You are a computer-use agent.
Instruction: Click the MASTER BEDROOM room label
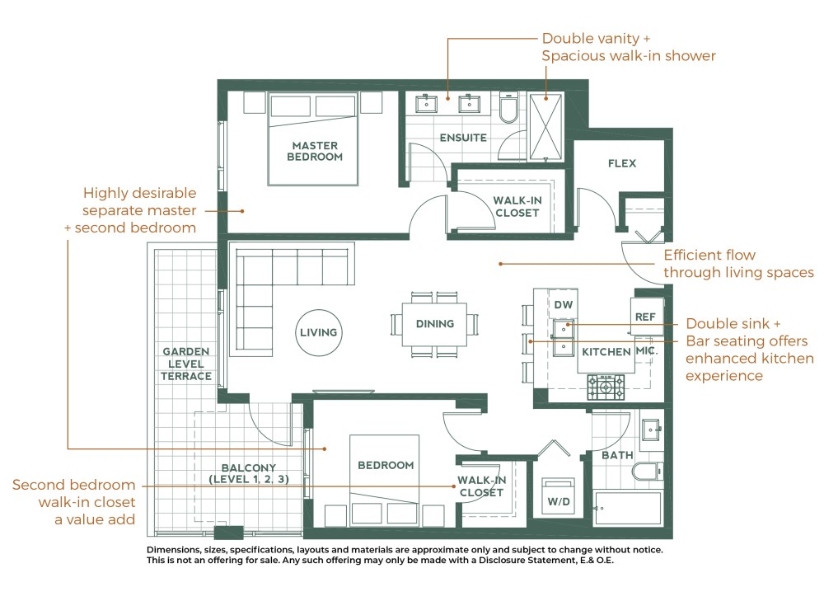tap(315, 151)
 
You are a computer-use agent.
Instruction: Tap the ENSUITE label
tap(462, 138)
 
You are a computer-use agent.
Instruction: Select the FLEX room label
tap(622, 163)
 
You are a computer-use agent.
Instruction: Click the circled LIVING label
tap(318, 332)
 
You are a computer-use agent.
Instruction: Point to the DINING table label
tap(434, 324)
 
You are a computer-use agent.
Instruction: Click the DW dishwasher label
tap(563, 305)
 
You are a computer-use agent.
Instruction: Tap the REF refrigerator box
tap(644, 317)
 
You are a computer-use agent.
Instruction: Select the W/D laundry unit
tap(557, 495)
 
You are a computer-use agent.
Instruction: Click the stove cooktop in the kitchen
tap(606, 387)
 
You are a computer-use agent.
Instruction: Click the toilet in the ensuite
tap(508, 108)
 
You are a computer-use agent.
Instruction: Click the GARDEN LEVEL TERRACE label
tap(186, 364)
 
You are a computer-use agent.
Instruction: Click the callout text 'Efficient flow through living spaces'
tap(738, 264)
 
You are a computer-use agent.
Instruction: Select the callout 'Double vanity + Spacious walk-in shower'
tap(628, 47)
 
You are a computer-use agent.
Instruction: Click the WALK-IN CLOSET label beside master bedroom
tap(517, 206)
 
